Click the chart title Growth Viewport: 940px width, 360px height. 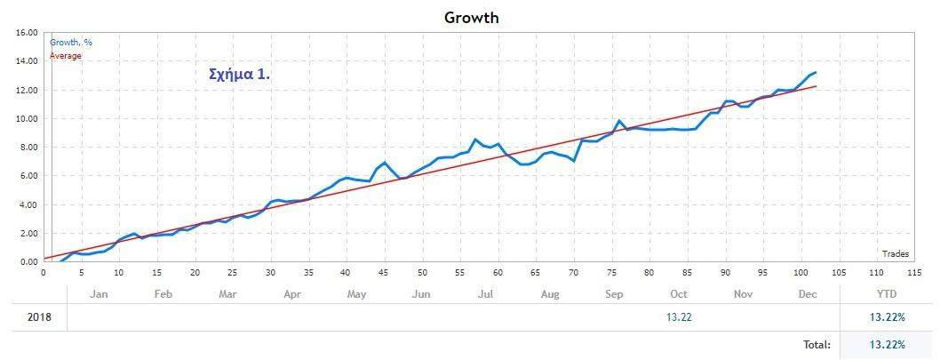point(472,17)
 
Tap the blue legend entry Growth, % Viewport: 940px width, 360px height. point(71,42)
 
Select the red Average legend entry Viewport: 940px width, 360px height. point(65,56)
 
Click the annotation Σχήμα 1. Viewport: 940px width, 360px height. point(239,75)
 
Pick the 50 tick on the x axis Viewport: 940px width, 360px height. point(422,273)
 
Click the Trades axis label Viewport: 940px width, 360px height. point(896,254)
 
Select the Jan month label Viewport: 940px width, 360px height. point(100,293)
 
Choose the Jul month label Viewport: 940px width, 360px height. point(485,293)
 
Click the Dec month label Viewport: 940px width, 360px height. point(808,293)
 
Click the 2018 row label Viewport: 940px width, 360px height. point(39,318)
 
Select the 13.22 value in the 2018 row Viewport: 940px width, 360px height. point(679,318)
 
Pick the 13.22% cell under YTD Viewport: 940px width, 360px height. point(888,318)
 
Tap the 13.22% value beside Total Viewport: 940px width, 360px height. point(888,344)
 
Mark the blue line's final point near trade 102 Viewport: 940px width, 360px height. point(816,73)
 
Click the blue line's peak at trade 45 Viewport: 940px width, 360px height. point(384,163)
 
